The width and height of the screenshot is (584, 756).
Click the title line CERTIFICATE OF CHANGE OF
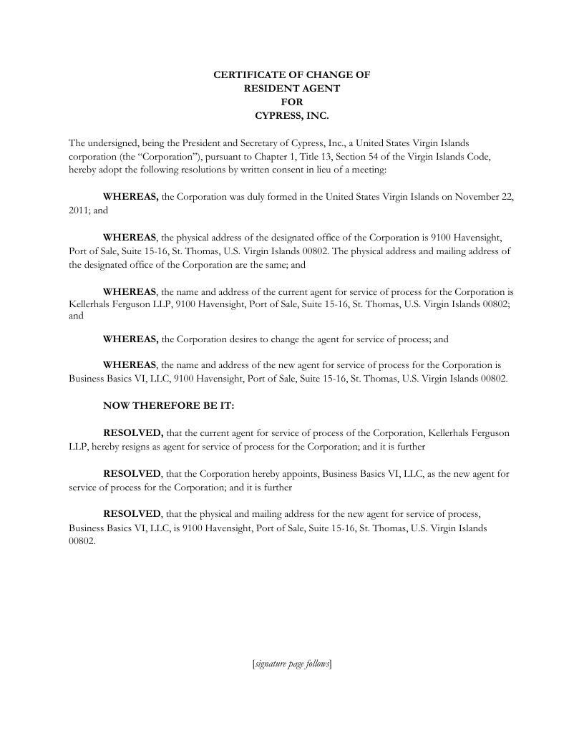pyautogui.click(x=292, y=74)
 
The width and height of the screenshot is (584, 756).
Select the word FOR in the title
pyautogui.click(x=292, y=101)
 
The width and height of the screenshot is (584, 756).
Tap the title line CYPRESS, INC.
pyautogui.click(x=292, y=115)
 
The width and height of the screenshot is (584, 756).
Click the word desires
pyautogui.click(x=236, y=339)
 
